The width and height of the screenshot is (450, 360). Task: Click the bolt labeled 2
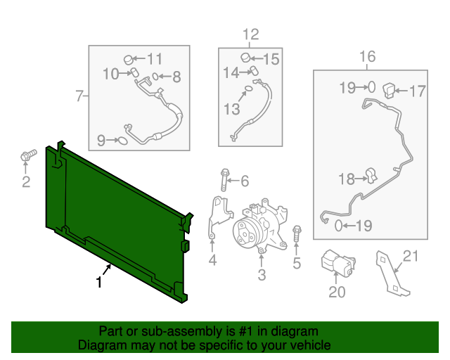[x=28, y=155]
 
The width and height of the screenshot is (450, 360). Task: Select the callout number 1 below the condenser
[x=99, y=282]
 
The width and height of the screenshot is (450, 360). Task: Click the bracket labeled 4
[x=219, y=215]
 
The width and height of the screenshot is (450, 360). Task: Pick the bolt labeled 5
[x=297, y=234]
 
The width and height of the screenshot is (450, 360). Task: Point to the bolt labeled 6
[x=225, y=180]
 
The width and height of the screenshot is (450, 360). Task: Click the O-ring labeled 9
[x=122, y=141]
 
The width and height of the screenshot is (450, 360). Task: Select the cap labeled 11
[x=129, y=60]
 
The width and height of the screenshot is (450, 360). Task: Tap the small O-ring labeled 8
[x=155, y=77]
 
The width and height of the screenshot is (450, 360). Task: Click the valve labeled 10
[x=134, y=72]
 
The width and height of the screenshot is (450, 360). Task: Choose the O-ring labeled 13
[x=248, y=89]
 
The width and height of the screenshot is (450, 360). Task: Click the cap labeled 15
[x=245, y=58]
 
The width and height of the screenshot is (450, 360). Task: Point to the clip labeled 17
[x=389, y=90]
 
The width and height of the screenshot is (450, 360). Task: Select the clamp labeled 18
[x=372, y=175]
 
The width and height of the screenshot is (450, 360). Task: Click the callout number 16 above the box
[x=367, y=56]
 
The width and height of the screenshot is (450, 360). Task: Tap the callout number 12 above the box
[x=250, y=34]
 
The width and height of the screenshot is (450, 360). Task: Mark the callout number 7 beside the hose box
[x=79, y=96]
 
